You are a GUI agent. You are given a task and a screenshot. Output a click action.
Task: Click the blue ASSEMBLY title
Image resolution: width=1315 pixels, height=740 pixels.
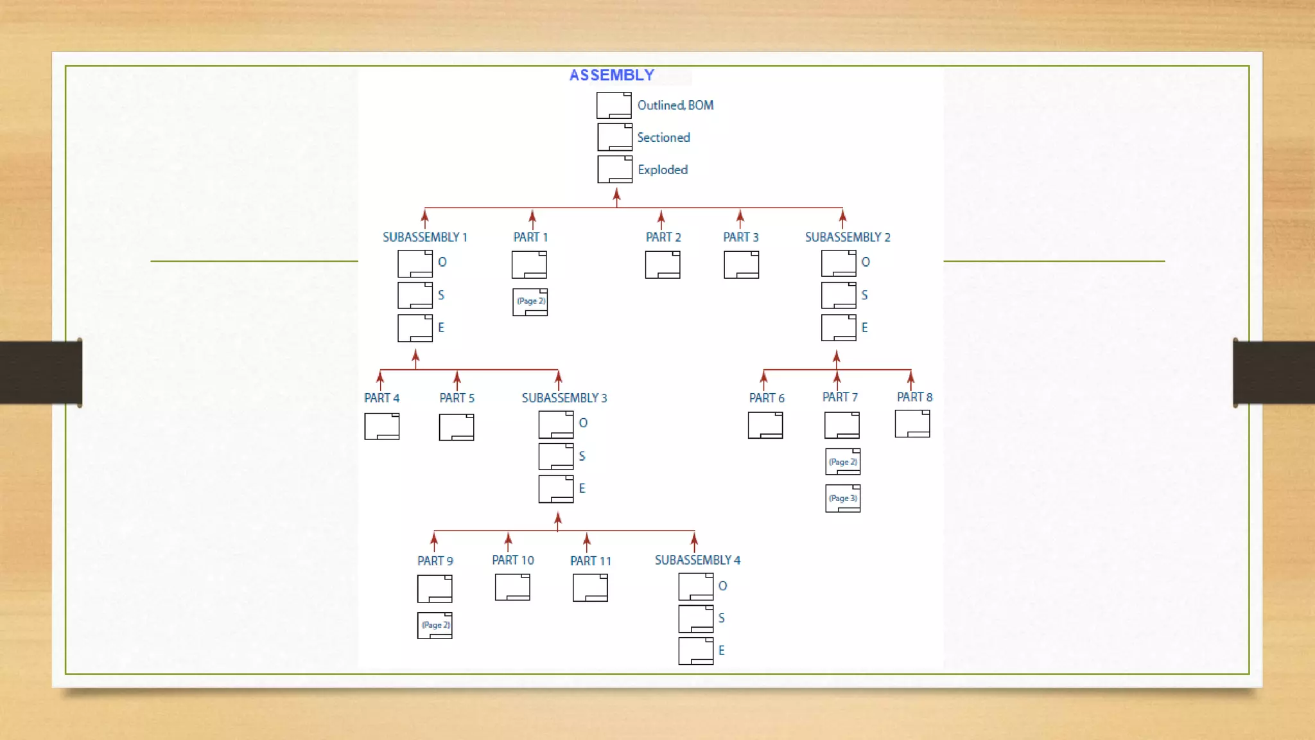coord(611,75)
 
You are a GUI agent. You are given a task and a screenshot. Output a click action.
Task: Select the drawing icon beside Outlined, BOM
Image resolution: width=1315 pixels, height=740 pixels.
coord(614,105)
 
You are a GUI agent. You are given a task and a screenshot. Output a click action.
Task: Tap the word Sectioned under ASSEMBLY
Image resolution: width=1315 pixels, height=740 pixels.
coord(663,137)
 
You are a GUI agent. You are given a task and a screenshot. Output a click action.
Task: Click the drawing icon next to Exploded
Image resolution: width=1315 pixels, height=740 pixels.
coord(614,170)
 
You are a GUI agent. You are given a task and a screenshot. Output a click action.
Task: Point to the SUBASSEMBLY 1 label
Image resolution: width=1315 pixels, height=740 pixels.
coord(424,237)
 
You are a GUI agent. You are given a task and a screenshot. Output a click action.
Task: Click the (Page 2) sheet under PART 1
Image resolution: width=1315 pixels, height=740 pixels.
coord(530,302)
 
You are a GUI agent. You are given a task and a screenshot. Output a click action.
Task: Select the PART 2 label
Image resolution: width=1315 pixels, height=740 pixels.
coord(663,237)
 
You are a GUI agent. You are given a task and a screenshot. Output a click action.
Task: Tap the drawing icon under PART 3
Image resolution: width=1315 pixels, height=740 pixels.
coord(741,265)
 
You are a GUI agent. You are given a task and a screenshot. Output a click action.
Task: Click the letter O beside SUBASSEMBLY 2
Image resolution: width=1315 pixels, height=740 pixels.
coord(866,262)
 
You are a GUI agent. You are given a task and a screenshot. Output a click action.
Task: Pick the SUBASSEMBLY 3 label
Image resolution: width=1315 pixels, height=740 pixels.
coord(564,398)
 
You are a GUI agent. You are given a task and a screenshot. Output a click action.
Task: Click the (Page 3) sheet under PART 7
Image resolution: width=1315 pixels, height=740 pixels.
coord(842,498)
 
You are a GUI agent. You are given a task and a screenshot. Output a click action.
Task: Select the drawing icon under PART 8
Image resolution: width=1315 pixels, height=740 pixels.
coord(912,424)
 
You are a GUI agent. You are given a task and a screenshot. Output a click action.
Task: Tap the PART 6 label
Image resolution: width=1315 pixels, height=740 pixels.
coord(767,398)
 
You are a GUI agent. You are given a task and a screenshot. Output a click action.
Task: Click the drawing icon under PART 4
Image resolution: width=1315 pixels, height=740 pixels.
coord(381,427)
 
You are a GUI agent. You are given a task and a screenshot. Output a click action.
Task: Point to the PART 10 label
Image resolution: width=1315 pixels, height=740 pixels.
coord(512,560)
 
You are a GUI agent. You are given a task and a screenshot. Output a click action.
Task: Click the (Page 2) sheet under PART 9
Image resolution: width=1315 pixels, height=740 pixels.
coord(435,626)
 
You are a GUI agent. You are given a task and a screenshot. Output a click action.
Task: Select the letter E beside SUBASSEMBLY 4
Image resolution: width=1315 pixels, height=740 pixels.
coord(722,651)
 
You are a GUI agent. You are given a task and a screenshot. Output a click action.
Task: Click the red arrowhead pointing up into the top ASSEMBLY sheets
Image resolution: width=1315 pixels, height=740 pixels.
coord(616,193)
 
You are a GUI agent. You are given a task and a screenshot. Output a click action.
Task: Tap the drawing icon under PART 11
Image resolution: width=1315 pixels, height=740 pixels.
coord(590,588)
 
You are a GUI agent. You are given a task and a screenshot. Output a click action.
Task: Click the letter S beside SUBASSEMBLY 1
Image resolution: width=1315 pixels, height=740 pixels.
coord(441,295)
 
